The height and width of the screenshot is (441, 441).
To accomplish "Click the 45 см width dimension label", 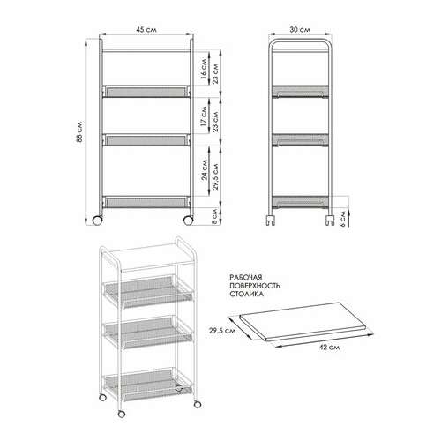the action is tap(146, 30).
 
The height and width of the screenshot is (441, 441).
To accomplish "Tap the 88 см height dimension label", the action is tap(79, 131).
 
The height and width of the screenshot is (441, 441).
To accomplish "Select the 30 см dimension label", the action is tap(300, 30).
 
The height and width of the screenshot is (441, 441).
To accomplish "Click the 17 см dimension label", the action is tap(203, 116).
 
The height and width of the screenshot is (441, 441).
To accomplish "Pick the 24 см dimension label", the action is tap(204, 169).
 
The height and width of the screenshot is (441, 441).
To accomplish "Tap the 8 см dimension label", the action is tap(214, 216).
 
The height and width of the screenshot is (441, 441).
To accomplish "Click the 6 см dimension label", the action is tap(342, 217).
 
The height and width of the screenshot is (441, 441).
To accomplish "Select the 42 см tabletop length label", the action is tap(330, 348).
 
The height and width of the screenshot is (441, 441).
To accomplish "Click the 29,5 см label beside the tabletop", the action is tap(222, 331).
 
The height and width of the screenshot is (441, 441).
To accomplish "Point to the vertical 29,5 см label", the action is tap(215, 176).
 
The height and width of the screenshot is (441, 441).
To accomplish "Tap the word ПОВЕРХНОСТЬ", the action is tap(255, 286).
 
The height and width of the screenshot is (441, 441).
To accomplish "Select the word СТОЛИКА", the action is tap(246, 294).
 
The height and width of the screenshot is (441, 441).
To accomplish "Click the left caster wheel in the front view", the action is tap(98, 220).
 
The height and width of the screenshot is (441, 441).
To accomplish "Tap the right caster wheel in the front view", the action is tap(188, 220).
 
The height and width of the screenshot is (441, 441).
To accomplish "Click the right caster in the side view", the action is tap(330, 220).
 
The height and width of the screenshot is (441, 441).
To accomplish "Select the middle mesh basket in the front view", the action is tap(146, 140).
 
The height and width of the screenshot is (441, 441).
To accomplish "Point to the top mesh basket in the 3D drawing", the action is tap(148, 292).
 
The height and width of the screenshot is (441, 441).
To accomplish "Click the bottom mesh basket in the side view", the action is tap(300, 202).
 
